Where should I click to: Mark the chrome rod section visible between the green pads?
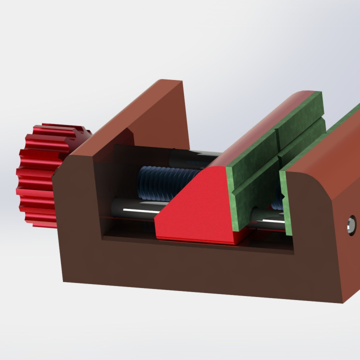(270, 218)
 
